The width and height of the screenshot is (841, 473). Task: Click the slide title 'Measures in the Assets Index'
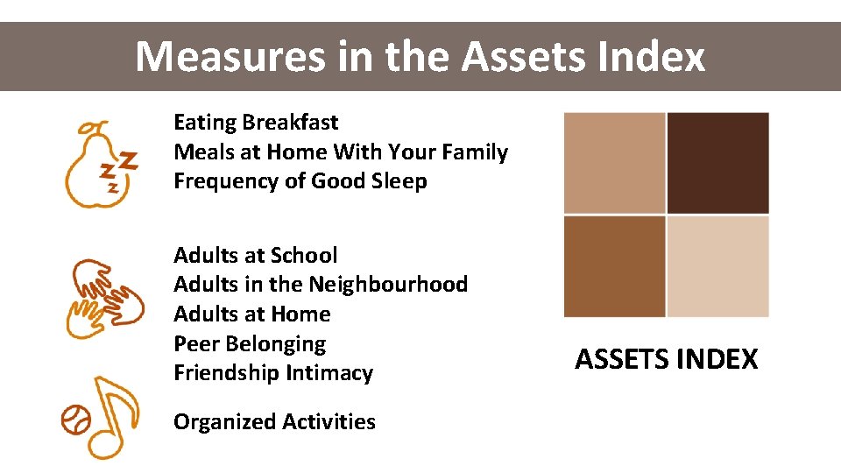click(420, 57)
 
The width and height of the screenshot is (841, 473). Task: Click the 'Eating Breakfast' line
click(256, 123)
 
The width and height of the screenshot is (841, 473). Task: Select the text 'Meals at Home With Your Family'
click(341, 152)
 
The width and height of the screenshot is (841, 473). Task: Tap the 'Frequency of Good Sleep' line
click(300, 182)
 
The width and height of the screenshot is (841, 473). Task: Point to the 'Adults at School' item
click(255, 256)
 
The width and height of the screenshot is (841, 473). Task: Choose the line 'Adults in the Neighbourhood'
click(321, 285)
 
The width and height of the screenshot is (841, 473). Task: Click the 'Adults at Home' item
click(251, 314)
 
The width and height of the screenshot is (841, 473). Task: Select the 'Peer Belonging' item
click(250, 344)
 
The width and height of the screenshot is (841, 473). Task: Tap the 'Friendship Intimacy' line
click(273, 373)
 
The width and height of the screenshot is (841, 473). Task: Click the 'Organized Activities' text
click(274, 422)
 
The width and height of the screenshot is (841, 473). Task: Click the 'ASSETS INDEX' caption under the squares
click(666, 360)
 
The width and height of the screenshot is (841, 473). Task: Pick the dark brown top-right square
click(717, 163)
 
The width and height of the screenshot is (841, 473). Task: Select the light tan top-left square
click(614, 163)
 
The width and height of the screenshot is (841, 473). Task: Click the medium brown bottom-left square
click(614, 266)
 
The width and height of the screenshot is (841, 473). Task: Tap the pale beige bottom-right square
click(717, 266)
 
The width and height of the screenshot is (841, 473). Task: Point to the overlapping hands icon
click(104, 297)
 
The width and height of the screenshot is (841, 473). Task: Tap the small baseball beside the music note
click(76, 420)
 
